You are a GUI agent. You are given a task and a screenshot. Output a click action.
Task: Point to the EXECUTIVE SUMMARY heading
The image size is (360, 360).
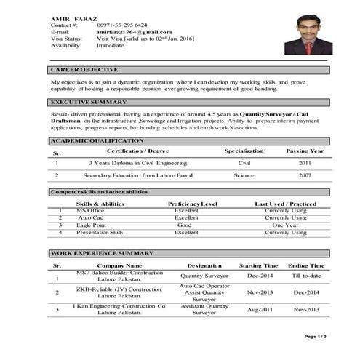89,102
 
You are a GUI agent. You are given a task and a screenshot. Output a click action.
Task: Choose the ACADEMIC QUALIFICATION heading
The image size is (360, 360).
97,140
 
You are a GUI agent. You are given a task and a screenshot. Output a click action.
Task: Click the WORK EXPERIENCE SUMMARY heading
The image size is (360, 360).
102,252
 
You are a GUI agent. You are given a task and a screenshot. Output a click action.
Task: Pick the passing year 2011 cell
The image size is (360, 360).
305,163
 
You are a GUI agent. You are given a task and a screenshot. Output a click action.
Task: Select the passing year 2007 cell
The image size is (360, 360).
305,176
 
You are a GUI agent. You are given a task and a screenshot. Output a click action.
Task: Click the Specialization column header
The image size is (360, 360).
244,151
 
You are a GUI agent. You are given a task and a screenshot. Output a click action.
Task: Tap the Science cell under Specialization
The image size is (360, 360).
244,176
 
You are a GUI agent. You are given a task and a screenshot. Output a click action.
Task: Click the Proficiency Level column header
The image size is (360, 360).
193,204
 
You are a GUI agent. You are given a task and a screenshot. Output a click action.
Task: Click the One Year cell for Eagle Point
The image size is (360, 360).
286,225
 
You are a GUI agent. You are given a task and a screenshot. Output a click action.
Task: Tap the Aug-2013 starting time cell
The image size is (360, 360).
259,309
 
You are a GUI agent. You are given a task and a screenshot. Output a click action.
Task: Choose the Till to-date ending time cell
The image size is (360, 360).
306,276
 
